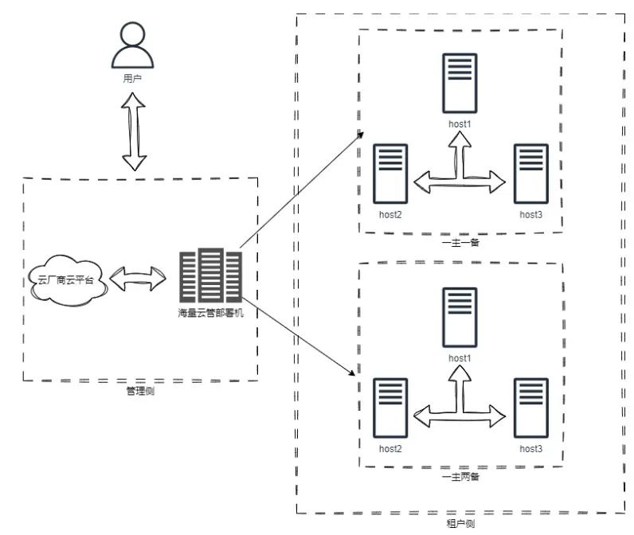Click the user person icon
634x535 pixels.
pos(133,45)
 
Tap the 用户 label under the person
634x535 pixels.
pos(132,78)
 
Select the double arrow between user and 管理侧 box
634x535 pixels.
pos(134,131)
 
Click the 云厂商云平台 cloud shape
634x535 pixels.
pos(68,280)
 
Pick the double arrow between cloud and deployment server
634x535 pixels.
pos(138,279)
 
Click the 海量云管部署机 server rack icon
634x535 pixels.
pos(210,275)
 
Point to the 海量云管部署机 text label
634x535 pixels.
pos(210,313)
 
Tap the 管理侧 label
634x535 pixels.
pos(140,391)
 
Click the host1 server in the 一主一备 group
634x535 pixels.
pos(460,84)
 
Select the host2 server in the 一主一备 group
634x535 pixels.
pos(390,174)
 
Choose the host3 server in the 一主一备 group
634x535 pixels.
pos(531,174)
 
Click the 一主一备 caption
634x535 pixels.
pos(460,243)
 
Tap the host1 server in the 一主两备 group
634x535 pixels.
pos(460,318)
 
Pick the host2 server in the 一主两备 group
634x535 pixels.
pos(390,408)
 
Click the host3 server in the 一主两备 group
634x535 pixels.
pos(531,408)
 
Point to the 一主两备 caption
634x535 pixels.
pos(460,477)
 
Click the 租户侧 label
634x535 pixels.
pos(460,524)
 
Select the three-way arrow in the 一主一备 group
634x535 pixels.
pos(460,182)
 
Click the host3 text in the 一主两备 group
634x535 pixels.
pos(531,448)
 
